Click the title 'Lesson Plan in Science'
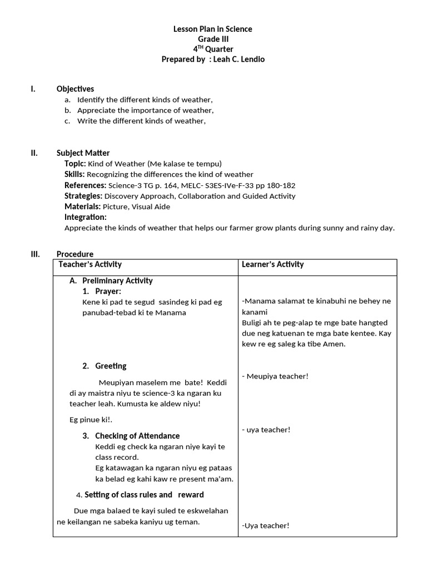pyautogui.click(x=213, y=29)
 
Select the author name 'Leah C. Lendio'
pyautogui.click(x=239, y=59)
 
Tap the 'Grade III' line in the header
pyautogui.click(x=213, y=39)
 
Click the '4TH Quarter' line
pyautogui.click(x=213, y=49)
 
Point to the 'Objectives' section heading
pyautogui.click(x=75, y=89)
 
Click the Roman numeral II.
pyautogui.click(x=34, y=153)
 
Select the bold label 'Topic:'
pyautogui.click(x=75, y=164)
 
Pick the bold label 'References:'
pyautogui.click(x=85, y=185)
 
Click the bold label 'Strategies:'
pyautogui.click(x=83, y=196)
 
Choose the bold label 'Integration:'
pyautogui.click(x=86, y=217)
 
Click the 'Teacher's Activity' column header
pyautogui.click(x=90, y=264)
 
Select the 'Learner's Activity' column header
pyautogui.click(x=273, y=264)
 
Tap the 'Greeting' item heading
pyautogui.click(x=111, y=366)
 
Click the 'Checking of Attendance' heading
pyautogui.click(x=137, y=436)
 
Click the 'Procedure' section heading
pyautogui.click(x=75, y=254)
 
